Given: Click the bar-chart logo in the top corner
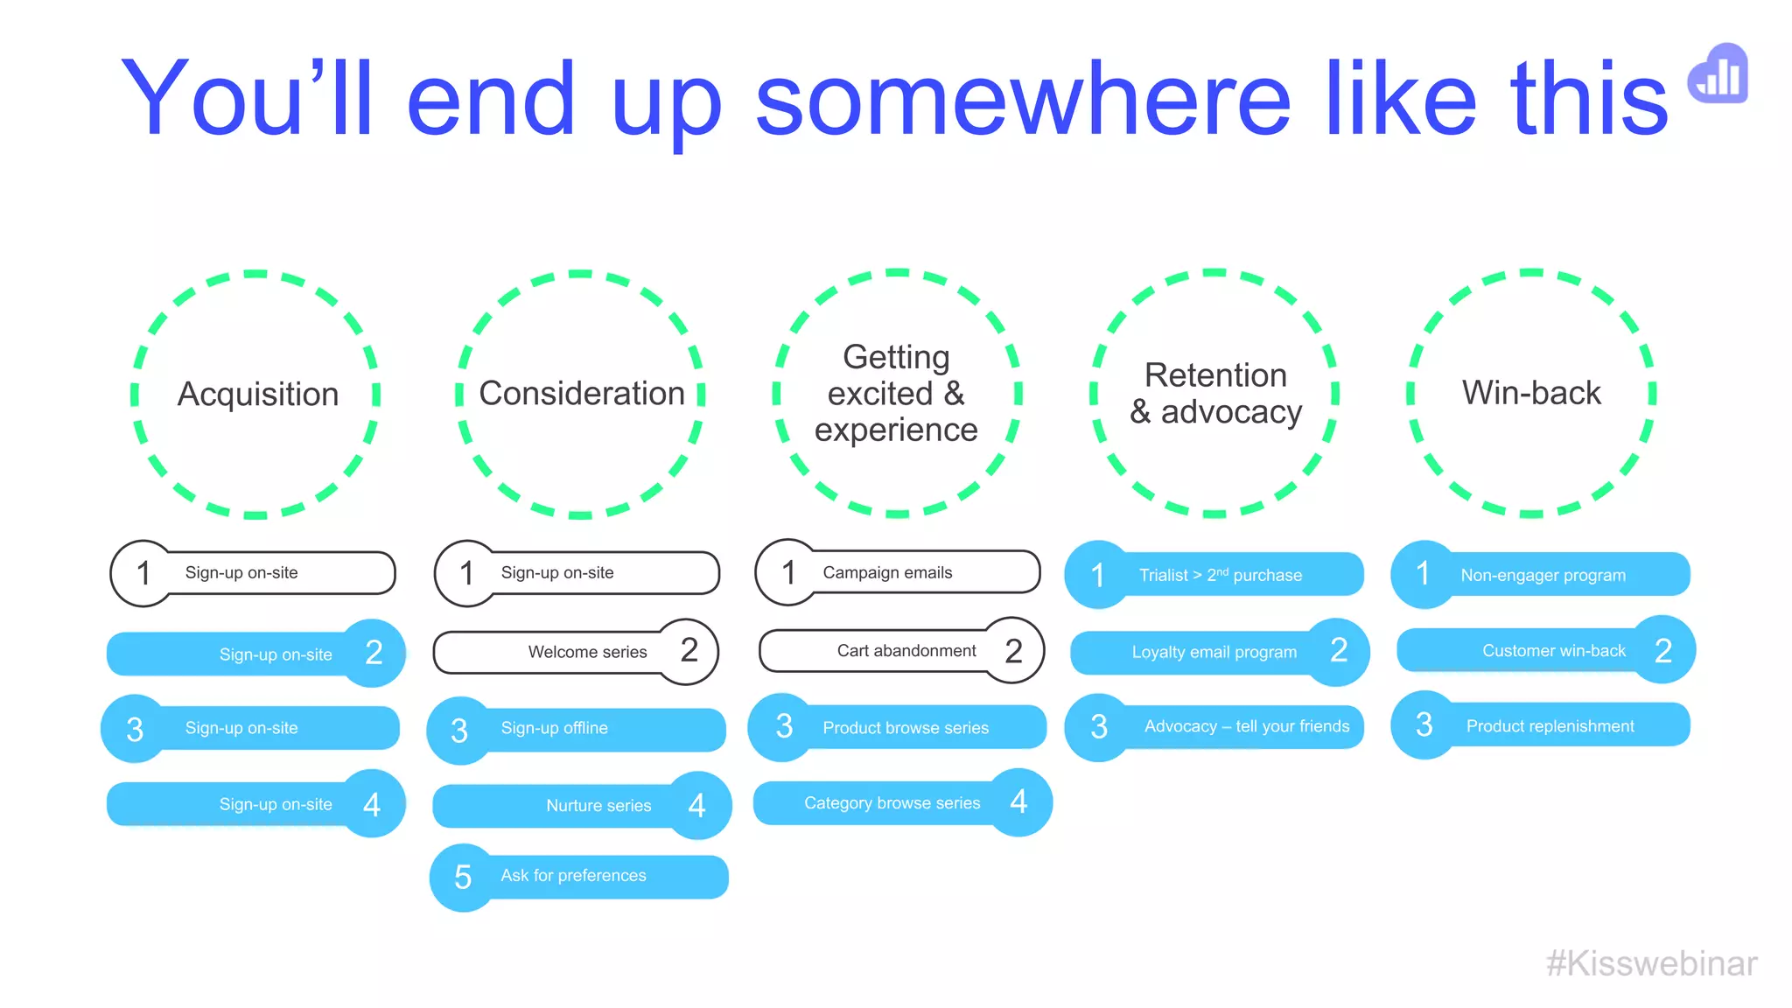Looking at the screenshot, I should pyautogui.click(x=1718, y=74).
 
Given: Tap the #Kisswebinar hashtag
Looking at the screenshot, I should pyautogui.click(x=1651, y=963).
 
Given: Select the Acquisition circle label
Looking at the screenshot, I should pyautogui.click(x=257, y=394).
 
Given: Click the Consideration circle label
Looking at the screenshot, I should pyautogui.click(x=582, y=393).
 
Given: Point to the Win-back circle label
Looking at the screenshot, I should pyautogui.click(x=1531, y=392).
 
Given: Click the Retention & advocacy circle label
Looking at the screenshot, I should pyautogui.click(x=1215, y=393).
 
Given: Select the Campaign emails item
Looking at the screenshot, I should pyautogui.click(x=887, y=572).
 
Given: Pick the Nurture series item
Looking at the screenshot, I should pyautogui.click(x=598, y=805).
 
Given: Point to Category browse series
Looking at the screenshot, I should pyautogui.click(x=892, y=803).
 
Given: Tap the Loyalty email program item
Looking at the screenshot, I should pyautogui.click(x=1214, y=652).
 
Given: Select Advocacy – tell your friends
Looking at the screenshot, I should pyautogui.click(x=1246, y=726).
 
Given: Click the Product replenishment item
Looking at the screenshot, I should pyautogui.click(x=1550, y=726).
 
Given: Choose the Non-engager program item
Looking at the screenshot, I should pyautogui.click(x=1543, y=575).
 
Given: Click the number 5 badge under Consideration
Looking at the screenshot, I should pyautogui.click(x=463, y=877).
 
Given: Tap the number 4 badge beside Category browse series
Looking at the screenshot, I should pyautogui.click(x=1018, y=801).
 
